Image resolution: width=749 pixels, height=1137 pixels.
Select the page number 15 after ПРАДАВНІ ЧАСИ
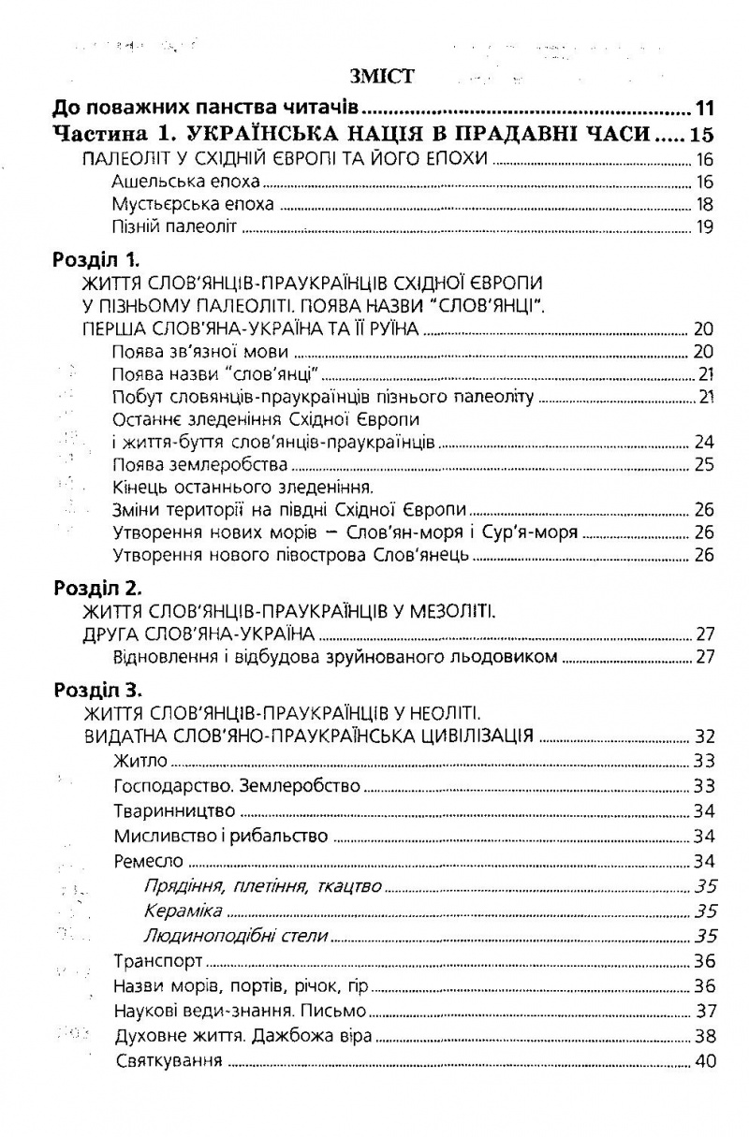click(x=701, y=133)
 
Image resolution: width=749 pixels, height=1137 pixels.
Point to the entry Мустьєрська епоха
click(x=192, y=204)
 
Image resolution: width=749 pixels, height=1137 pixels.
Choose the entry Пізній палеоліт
click(x=170, y=226)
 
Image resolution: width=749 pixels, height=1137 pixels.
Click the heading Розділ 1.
click(x=95, y=261)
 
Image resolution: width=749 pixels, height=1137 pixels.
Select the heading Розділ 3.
click(x=95, y=691)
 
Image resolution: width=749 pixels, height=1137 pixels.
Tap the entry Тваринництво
click(x=173, y=810)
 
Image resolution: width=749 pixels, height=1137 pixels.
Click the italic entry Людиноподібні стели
click(x=225, y=936)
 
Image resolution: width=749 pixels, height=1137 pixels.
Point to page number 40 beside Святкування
click(x=704, y=1062)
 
